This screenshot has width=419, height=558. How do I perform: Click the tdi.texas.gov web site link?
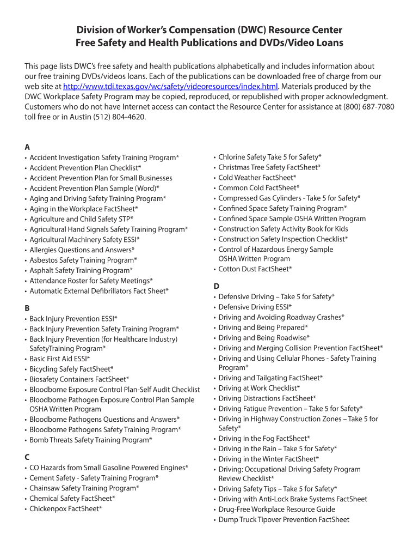coord(171,87)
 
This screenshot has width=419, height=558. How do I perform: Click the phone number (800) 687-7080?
coord(368,107)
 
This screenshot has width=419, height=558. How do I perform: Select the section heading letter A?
coord(27,147)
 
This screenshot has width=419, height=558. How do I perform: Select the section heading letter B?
coord(27,308)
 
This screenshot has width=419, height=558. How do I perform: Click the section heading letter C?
coord(27,457)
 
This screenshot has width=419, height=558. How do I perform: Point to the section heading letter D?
coord(216,286)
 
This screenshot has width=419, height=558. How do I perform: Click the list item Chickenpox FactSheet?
coord(66,509)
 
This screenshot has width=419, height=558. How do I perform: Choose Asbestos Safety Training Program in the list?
coord(83,260)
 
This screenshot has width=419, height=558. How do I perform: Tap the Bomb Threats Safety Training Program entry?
coord(91,440)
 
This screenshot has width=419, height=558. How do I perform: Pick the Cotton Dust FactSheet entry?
coord(255,269)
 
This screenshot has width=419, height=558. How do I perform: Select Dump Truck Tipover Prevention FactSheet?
coord(284,520)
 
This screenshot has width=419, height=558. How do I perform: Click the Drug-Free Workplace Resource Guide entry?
coord(276,510)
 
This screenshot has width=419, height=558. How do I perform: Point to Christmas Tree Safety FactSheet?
coord(269,167)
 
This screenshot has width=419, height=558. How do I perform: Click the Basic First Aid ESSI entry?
coord(60,359)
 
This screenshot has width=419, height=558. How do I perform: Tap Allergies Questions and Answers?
coord(82,250)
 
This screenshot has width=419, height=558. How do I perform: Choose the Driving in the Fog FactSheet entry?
coord(264,439)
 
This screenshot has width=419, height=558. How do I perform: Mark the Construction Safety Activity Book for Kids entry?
coord(283,229)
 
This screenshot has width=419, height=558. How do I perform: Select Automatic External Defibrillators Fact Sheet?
coord(99,291)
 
